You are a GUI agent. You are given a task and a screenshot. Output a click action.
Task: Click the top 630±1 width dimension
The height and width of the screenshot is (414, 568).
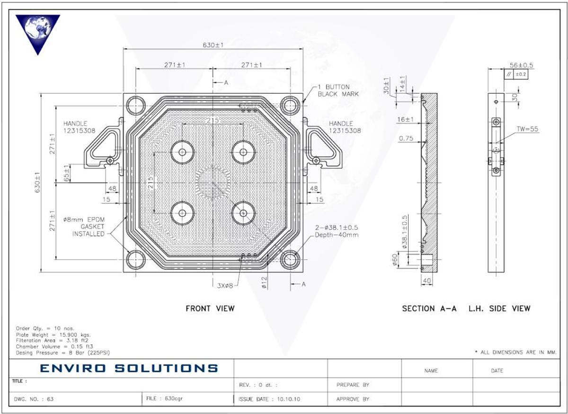tap(213, 45)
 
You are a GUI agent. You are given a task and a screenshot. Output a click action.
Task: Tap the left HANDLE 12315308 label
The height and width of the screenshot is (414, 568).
tap(75, 127)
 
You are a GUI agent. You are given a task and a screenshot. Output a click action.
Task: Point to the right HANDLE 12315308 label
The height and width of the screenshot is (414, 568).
tap(345, 127)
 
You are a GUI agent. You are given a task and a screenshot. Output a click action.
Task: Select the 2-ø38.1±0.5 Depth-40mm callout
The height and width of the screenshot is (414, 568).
tap(337, 231)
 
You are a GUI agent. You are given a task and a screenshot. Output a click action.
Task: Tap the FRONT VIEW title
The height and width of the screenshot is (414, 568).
tap(210, 308)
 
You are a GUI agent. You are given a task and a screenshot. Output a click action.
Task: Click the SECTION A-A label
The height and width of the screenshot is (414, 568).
tap(429, 308)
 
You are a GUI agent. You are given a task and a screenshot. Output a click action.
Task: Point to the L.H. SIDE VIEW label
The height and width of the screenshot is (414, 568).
tap(499, 308)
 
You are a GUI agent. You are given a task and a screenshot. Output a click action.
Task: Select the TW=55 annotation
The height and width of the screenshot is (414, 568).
tap(527, 129)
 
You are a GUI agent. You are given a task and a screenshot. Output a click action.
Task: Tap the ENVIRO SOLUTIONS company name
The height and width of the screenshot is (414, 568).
tap(129, 368)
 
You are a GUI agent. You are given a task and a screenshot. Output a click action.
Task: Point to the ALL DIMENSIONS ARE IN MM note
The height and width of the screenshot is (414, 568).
tap(515, 352)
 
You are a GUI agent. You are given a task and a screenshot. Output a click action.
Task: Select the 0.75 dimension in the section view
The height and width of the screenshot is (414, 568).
tap(405, 139)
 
